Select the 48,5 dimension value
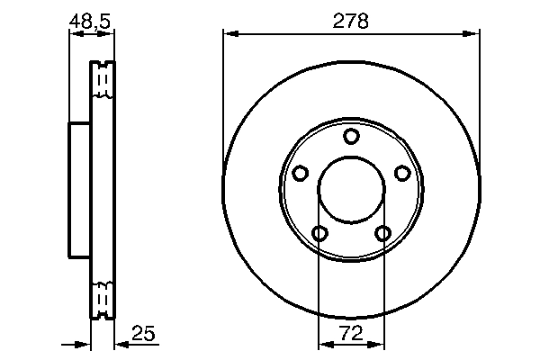click(91, 20)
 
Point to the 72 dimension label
click(351, 333)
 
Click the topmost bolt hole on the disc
click(351, 136)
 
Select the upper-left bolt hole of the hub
click(300, 173)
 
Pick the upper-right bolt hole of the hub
click(402, 173)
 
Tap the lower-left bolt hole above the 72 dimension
click(319, 234)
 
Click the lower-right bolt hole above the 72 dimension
click(383, 234)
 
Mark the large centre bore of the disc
click(351, 190)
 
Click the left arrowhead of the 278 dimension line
click(230, 34)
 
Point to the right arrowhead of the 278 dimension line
click(472, 34)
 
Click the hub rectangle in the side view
click(80, 190)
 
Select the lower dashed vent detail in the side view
click(103, 297)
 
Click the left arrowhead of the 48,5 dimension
click(75, 34)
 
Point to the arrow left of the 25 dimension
click(85, 344)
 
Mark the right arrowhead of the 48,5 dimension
click(109, 34)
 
